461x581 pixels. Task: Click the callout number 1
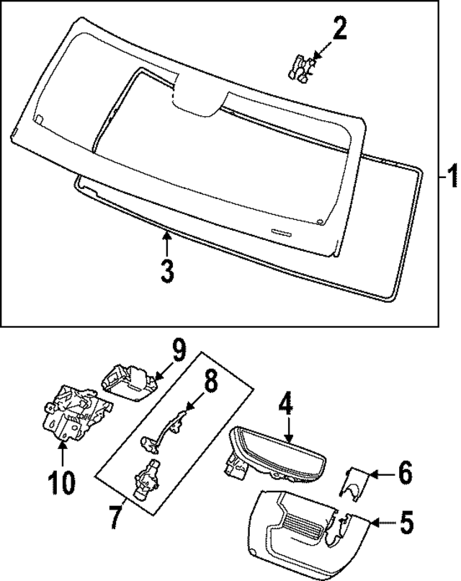pos(450,176)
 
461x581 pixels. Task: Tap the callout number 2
pos(339,30)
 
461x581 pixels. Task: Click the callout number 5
pos(406,520)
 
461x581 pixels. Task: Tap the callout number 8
pos(209,383)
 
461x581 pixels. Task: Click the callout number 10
pos(62,482)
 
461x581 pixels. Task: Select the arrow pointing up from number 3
pos(166,242)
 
